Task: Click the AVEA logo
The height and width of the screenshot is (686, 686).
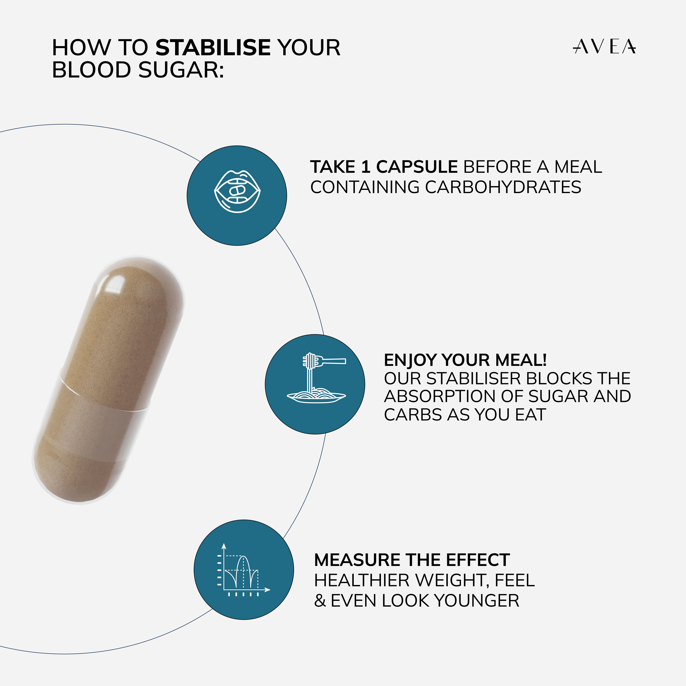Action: [x=604, y=47]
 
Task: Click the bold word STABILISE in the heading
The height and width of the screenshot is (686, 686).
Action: [x=213, y=48]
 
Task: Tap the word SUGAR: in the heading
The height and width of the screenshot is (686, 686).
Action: [x=181, y=70]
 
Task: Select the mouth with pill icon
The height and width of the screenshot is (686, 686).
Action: [x=237, y=192]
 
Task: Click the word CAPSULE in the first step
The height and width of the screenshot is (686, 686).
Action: [x=417, y=167]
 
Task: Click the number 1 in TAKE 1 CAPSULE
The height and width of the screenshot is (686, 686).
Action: [x=366, y=167]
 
